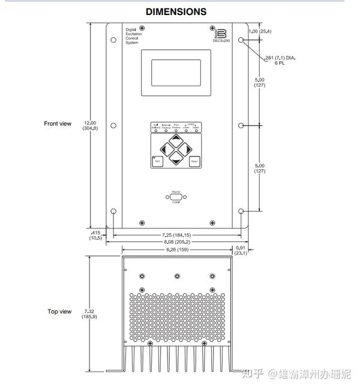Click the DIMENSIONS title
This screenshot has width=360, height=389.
(x=176, y=11)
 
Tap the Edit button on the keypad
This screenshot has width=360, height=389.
(x=157, y=161)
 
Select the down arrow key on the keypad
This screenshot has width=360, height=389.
(x=176, y=158)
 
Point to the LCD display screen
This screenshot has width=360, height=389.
(x=176, y=72)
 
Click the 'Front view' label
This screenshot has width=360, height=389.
(x=58, y=123)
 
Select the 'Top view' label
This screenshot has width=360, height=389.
(x=59, y=312)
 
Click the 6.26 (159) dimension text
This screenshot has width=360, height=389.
(x=176, y=249)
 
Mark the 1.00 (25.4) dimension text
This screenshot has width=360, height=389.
(x=260, y=31)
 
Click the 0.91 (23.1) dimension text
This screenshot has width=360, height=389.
(x=241, y=251)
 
